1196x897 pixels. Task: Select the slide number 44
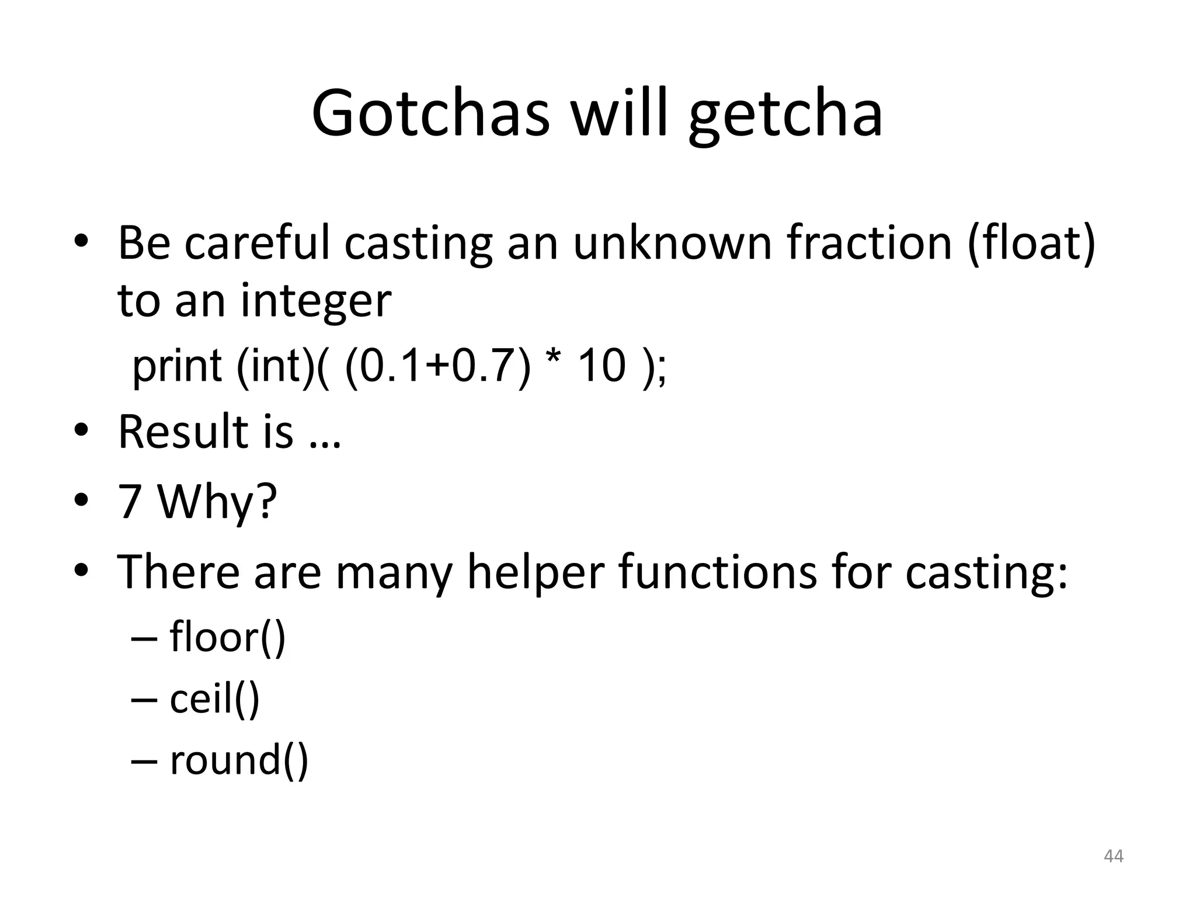pos(1114,856)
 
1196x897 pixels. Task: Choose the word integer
pos(315,302)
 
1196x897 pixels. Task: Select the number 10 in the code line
pos(602,366)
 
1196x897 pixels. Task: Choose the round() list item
pos(238,760)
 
